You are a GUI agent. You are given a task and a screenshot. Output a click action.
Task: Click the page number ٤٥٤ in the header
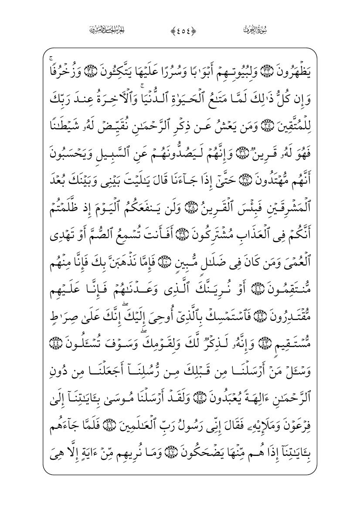click(x=180, y=30)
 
